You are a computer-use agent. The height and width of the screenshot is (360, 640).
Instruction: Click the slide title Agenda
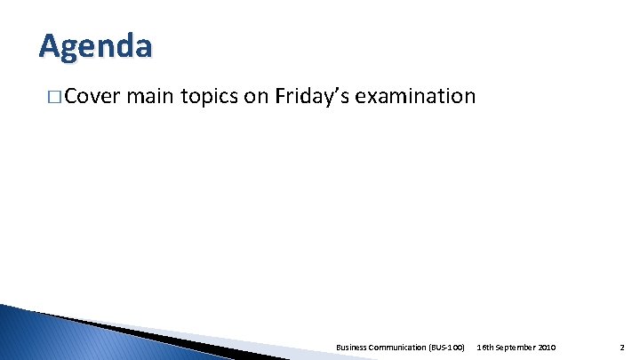(x=95, y=45)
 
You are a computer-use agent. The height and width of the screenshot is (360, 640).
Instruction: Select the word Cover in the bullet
(x=92, y=96)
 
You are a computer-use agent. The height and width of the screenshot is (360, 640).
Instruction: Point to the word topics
(x=210, y=96)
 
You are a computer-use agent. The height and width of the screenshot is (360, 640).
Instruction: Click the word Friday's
(x=312, y=96)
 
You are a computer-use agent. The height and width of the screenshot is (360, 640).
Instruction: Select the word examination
(x=415, y=96)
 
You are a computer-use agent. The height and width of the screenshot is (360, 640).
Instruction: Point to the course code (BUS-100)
(x=447, y=347)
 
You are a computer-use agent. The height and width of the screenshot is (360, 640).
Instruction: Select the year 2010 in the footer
(x=547, y=347)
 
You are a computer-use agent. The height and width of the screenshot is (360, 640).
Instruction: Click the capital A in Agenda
(x=50, y=45)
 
